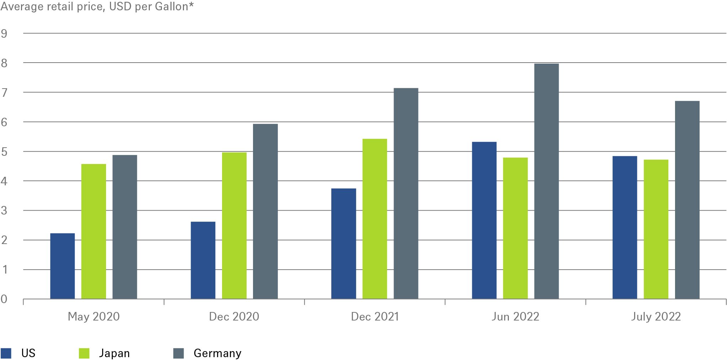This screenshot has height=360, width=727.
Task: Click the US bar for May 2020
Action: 63,266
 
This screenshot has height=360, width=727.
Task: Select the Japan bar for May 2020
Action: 94,231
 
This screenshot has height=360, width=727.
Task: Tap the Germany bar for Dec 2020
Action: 265,211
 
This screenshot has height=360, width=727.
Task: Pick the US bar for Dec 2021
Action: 344,243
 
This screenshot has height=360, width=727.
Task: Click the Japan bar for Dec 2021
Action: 375,219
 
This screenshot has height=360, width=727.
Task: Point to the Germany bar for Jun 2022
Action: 547,181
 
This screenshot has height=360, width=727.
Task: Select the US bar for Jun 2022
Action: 484,220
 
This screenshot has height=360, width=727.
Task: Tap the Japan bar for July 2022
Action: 656,229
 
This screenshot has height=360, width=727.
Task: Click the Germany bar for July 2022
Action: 687,200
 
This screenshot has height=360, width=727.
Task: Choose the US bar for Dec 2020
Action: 203,260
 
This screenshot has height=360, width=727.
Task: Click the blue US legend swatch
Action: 6,353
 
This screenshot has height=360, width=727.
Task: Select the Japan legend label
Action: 114,353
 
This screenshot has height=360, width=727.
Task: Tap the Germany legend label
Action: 217,353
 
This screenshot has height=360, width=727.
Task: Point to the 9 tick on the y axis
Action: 4,34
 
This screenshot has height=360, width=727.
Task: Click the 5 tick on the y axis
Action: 4,152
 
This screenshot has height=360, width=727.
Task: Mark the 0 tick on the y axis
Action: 4,299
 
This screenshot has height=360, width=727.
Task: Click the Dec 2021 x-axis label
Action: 375,317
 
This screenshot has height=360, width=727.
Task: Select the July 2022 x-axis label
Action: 656,317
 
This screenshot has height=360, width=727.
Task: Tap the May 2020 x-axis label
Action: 94,317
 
